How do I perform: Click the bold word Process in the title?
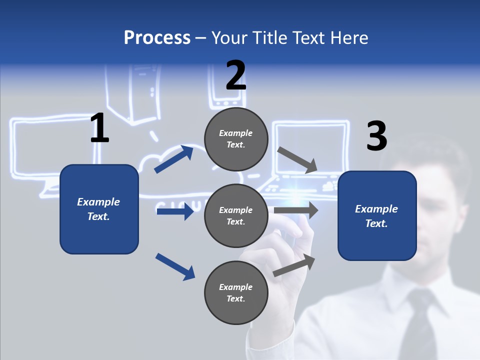157,38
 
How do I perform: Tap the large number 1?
99,128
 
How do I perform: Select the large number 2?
236,75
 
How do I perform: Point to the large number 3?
376,136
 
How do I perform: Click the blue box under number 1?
99,209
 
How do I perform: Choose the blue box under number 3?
377,215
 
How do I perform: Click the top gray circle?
236,139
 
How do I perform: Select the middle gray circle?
236,215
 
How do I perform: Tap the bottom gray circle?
236,292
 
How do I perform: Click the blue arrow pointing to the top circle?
174,159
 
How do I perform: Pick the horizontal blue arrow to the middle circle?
175,211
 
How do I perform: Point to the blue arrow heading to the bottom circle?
175,266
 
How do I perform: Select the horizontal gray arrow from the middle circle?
296,210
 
